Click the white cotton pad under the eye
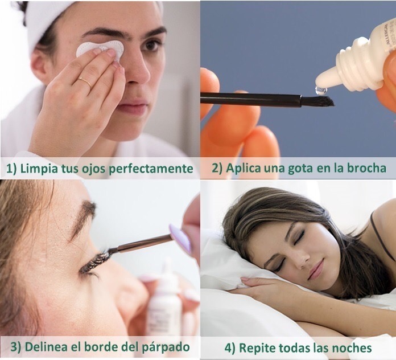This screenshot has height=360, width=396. (100, 50)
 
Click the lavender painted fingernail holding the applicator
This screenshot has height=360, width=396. (180, 238)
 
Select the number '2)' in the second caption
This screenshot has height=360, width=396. (217, 169)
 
